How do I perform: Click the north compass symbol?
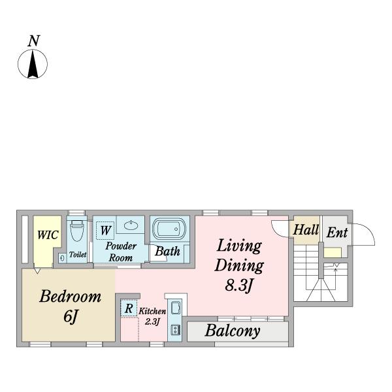click(33, 64)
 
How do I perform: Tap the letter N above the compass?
click(34, 41)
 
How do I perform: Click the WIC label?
click(48, 235)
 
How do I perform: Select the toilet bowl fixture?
click(76, 231)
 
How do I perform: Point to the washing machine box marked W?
click(105, 230)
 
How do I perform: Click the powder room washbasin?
click(131, 225)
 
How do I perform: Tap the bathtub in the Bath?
click(169, 229)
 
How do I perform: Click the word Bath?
click(167, 252)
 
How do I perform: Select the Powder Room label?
click(121, 252)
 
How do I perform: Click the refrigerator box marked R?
click(129, 308)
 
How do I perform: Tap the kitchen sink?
click(176, 308)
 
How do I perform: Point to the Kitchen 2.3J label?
click(152, 316)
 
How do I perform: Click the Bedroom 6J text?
click(71, 306)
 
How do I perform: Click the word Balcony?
click(233, 331)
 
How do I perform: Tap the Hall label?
click(306, 230)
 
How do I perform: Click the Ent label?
click(337, 233)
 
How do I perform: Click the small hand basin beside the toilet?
click(62, 258)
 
